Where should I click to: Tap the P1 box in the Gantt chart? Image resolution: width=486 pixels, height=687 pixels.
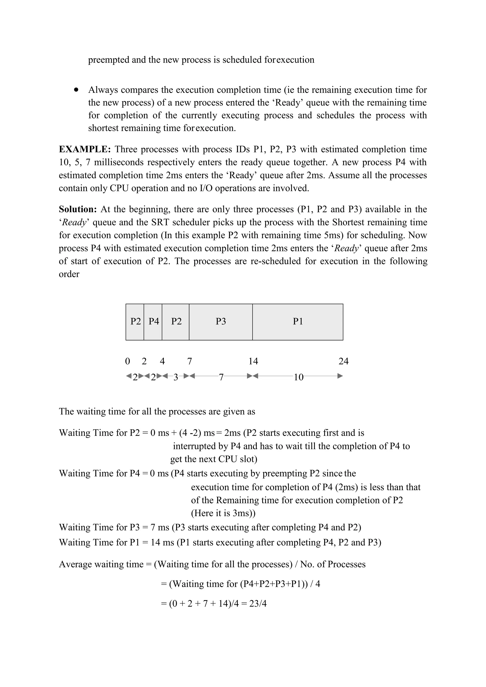point(298,322)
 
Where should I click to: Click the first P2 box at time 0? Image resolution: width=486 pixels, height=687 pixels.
point(135,322)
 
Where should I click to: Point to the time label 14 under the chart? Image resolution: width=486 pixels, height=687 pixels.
point(253,362)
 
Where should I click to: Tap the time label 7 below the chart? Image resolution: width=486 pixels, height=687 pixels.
point(189,362)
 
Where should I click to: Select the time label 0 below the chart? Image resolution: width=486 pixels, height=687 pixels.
point(127,362)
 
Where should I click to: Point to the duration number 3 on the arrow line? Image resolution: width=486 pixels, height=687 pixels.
point(176,377)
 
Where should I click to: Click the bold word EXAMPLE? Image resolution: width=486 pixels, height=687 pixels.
point(85,149)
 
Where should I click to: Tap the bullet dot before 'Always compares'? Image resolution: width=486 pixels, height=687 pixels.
point(76,89)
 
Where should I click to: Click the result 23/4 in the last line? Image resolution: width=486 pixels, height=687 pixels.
point(258,603)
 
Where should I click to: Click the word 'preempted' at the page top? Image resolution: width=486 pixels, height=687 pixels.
point(109,60)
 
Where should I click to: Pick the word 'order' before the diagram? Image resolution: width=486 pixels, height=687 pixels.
point(69,274)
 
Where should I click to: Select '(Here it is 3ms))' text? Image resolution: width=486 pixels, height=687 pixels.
point(223,513)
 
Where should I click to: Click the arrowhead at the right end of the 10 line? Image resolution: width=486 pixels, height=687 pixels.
point(340,376)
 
